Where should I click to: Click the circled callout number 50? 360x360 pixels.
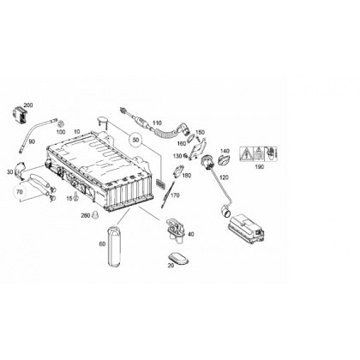(x=136, y=140)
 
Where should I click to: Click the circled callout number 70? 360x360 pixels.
(x=19, y=192)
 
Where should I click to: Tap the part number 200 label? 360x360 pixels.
(x=28, y=105)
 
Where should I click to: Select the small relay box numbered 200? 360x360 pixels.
(x=20, y=115)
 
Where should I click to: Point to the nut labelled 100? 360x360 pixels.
(x=60, y=124)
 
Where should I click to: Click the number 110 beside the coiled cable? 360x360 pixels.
(x=157, y=123)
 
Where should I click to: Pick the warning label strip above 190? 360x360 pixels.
(x=258, y=154)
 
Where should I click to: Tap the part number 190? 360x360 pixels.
(x=260, y=167)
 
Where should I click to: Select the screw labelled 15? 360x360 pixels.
(x=76, y=197)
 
